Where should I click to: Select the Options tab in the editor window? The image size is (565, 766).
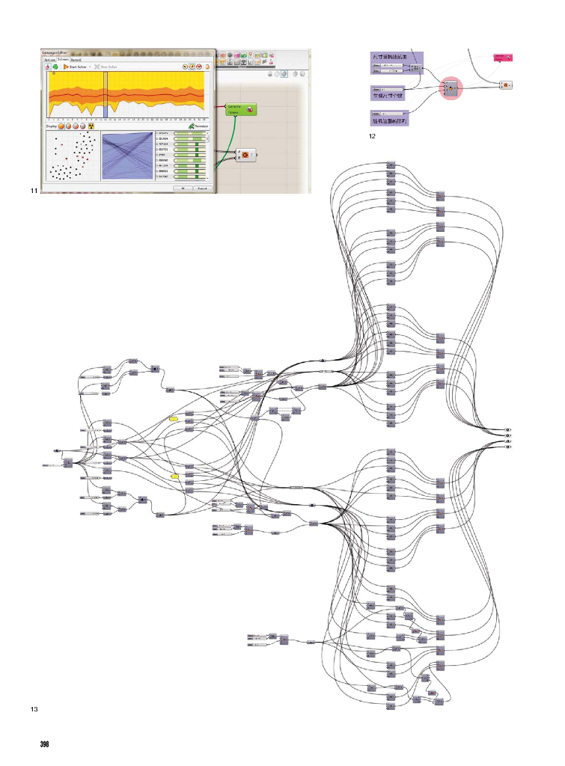49,59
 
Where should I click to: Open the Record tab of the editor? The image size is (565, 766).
76,59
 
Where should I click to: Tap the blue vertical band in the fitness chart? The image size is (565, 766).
106,95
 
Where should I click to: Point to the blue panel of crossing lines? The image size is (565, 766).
126,156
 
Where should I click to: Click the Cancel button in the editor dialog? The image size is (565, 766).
200,189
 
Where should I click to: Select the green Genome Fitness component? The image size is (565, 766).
239,110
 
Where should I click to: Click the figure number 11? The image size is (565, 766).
33,192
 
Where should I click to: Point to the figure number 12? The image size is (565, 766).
371,137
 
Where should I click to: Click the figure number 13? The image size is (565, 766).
33,708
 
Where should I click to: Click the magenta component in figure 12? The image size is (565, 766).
502,58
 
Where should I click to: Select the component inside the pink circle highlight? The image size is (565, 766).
451,88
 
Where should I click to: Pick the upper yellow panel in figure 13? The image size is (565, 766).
174,419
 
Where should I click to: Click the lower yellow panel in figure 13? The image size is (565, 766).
174,476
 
